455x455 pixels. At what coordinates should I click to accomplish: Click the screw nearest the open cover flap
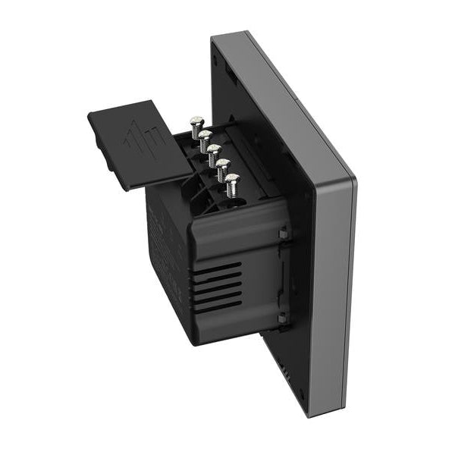coord(195,121)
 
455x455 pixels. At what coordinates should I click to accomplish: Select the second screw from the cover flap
coord(205,136)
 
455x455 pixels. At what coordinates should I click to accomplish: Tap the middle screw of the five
coord(215,150)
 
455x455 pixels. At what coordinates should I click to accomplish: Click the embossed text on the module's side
coord(163,235)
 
